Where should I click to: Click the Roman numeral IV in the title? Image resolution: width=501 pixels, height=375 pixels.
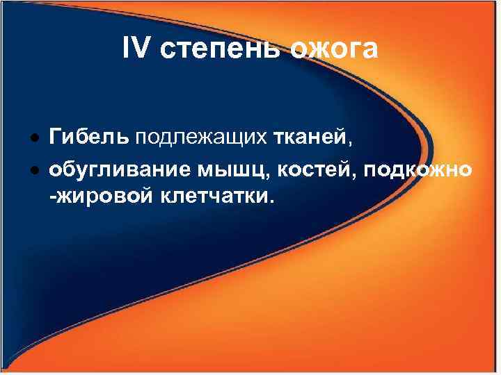click(136, 50)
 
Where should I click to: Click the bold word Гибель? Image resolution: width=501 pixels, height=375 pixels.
click(89, 137)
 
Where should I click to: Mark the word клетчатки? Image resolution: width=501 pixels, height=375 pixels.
click(213, 199)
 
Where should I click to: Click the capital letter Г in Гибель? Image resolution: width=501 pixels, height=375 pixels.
click(54, 137)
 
